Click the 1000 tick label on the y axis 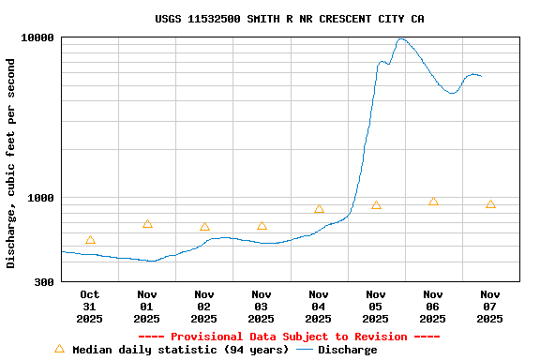tap(41, 198)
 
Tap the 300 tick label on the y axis tap(44, 281)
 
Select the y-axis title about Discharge tap(11, 163)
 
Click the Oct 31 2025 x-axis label tap(89, 307)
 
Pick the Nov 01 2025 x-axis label tap(146, 307)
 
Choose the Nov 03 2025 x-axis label tap(261, 307)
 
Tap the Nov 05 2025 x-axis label tap(375, 307)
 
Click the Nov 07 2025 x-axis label tap(489, 307)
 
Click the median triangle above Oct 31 tap(90, 240)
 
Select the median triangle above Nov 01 tap(147, 224)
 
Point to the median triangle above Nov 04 tap(319, 209)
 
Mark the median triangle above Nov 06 tap(433, 202)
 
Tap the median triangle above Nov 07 tap(490, 204)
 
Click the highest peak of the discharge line tap(401, 39)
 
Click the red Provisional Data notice tap(289, 337)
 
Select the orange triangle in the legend tap(59, 349)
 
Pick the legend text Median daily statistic tap(180, 350)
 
